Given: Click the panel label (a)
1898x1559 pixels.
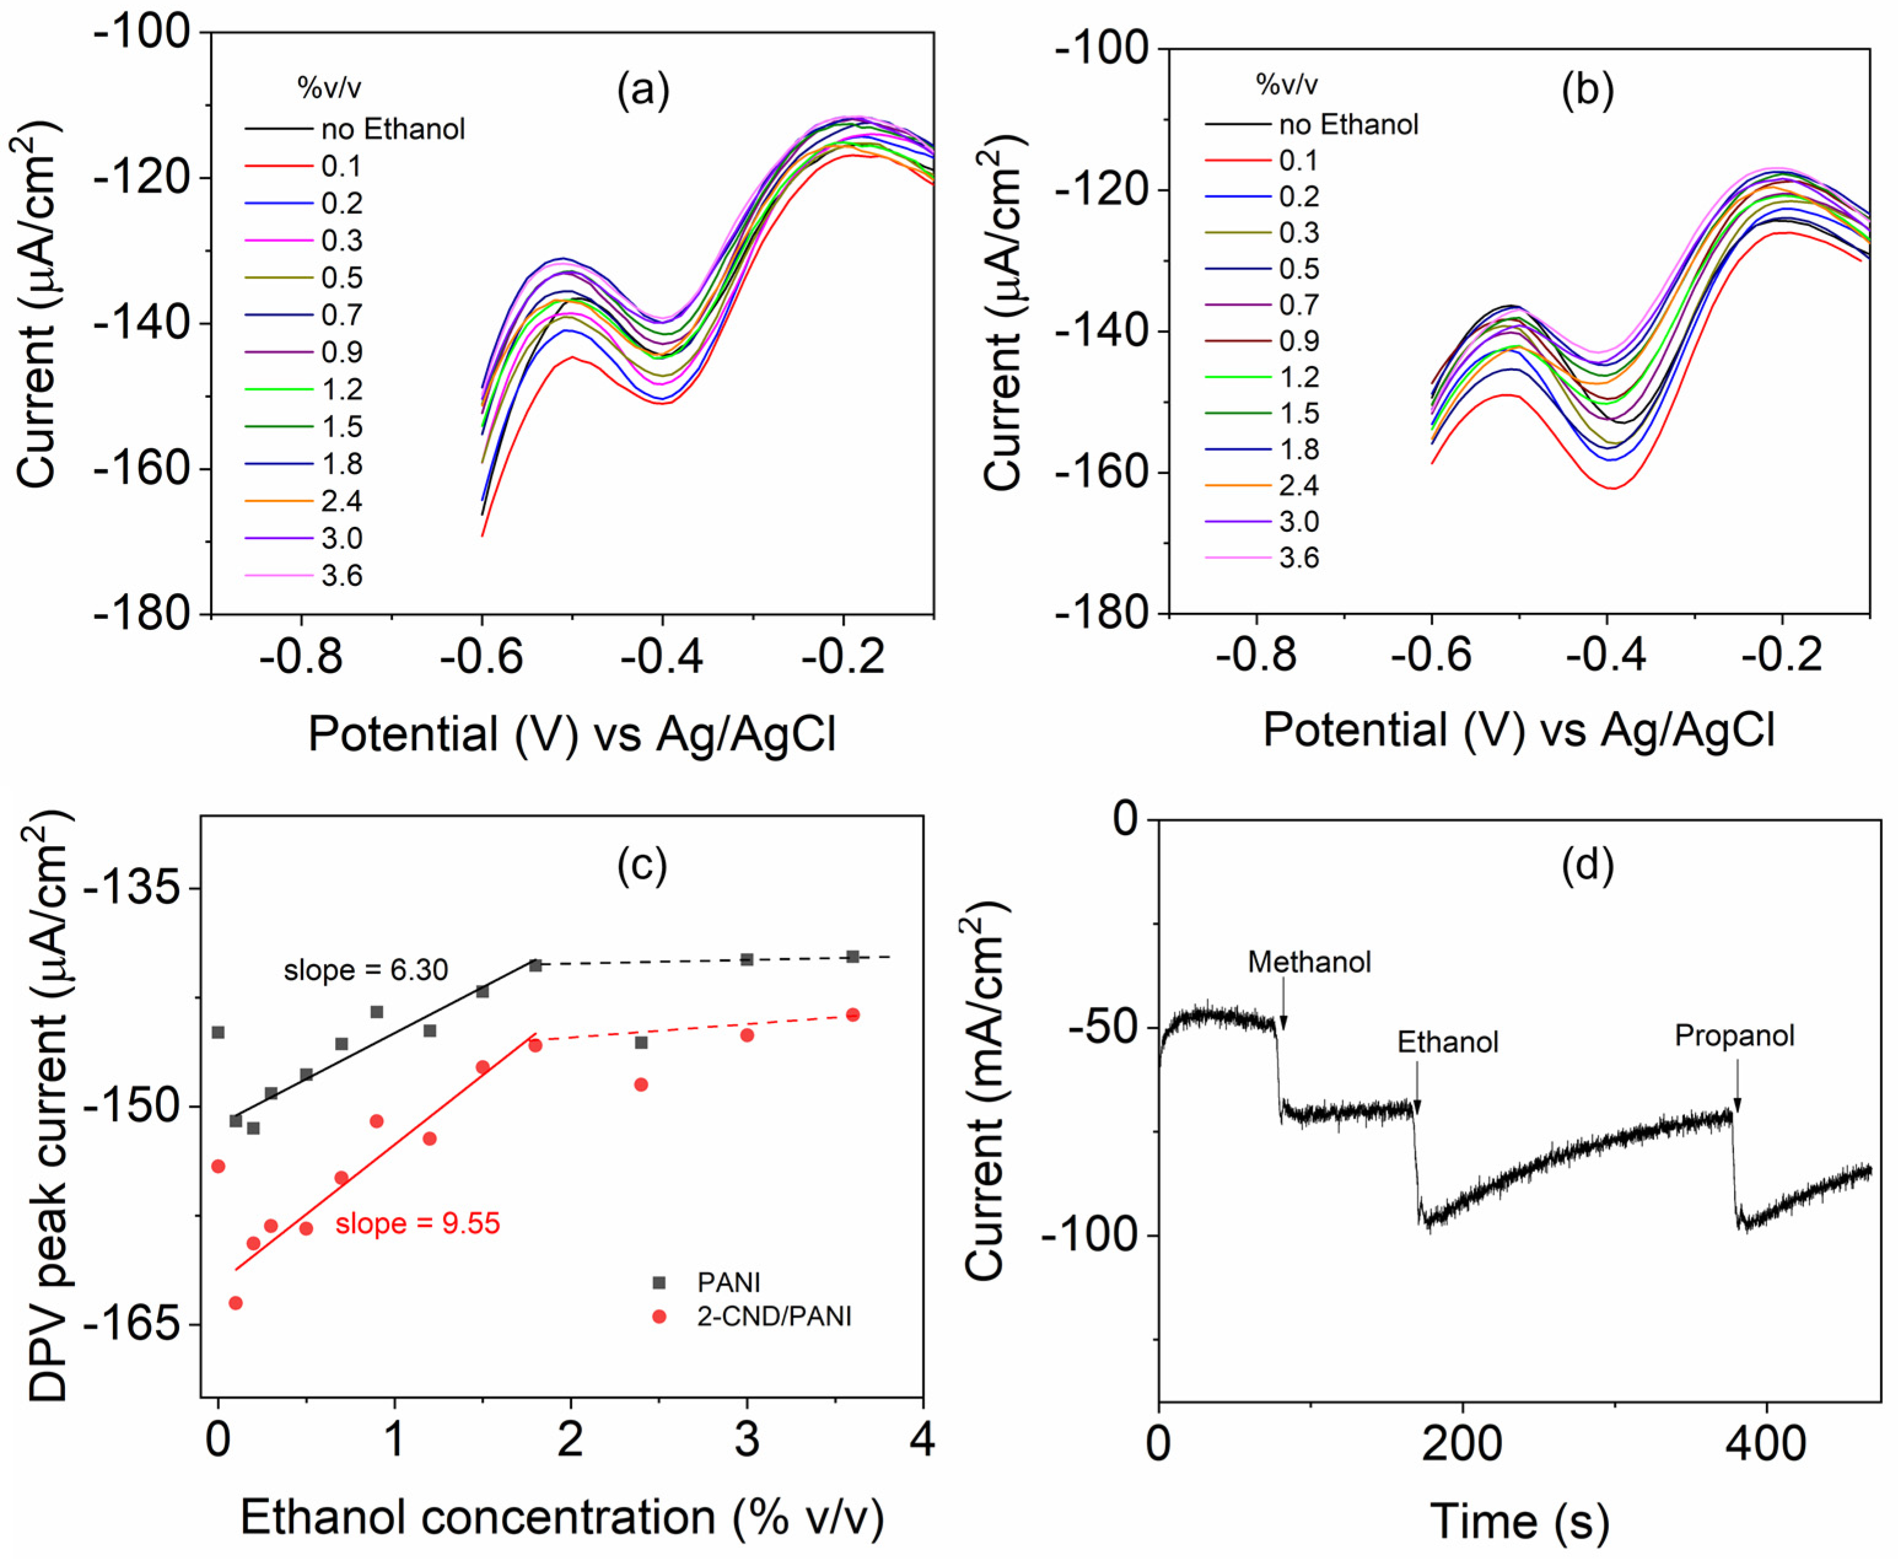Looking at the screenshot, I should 643,91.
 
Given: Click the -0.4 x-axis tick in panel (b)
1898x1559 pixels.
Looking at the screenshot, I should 1606,656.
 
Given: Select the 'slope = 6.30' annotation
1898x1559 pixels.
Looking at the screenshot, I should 365,970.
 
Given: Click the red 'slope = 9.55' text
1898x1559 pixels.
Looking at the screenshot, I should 417,1223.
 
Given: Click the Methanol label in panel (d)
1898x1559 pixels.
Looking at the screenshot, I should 1309,962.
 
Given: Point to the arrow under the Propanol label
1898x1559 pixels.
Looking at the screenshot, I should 1737,1087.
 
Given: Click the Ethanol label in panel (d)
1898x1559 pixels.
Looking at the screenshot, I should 1447,1042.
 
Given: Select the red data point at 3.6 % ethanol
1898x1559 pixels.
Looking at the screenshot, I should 853,1015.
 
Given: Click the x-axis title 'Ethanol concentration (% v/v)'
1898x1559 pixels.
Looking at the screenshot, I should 562,1517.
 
